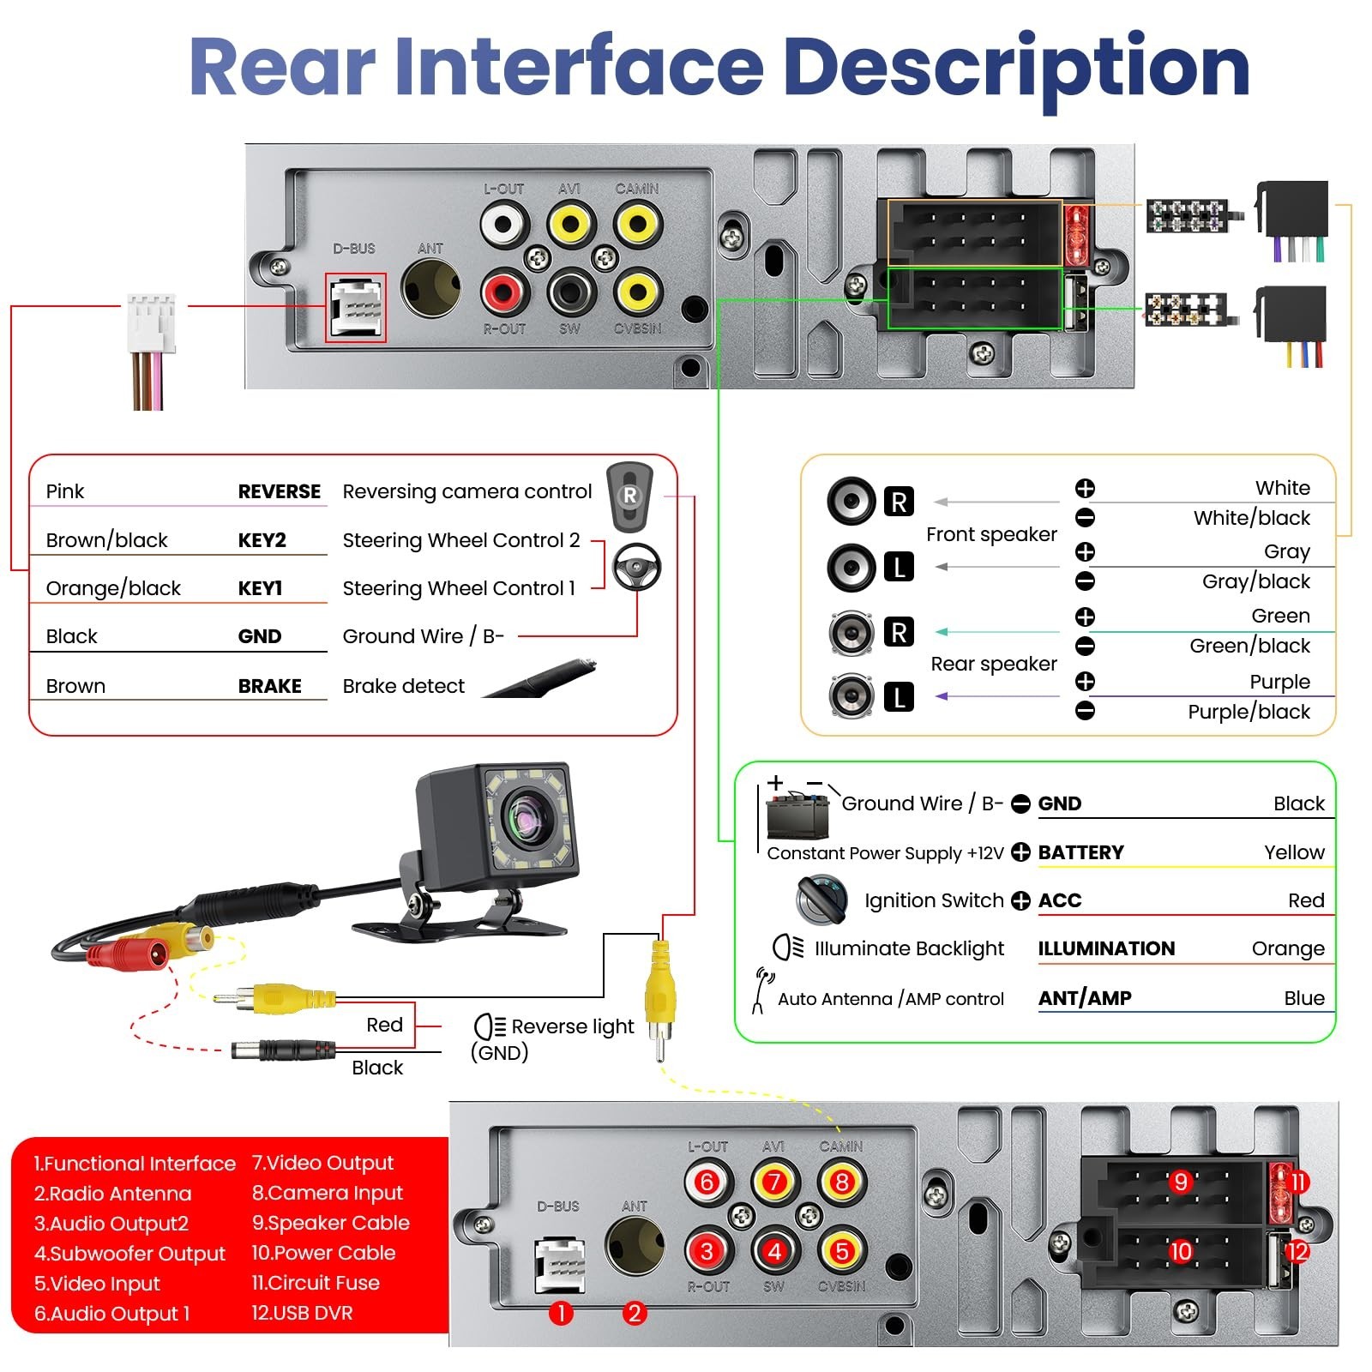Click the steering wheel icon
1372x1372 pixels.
[636, 567]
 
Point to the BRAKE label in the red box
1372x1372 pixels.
[270, 686]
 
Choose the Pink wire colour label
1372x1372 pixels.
[65, 491]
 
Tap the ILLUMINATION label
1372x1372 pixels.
[1106, 948]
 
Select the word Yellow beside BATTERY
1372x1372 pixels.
[1294, 852]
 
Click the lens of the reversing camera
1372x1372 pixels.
[524, 819]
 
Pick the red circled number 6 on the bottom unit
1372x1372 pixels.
[707, 1182]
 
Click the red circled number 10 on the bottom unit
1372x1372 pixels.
[1181, 1251]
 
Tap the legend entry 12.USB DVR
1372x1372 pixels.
[302, 1313]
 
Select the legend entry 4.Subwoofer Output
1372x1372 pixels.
[129, 1254]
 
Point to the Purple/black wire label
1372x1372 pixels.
[1249, 712]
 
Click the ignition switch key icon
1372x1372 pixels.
[822, 900]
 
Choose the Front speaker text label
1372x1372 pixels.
[991, 534]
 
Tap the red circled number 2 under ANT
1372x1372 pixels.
[635, 1313]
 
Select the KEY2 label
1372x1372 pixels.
[262, 540]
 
